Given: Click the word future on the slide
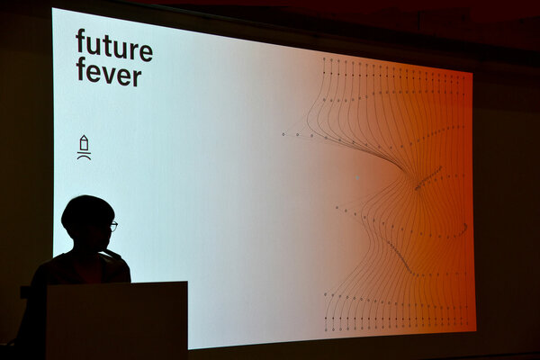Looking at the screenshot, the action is [114, 46].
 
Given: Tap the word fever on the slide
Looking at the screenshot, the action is [109, 72].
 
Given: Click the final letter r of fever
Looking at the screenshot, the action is [137, 76].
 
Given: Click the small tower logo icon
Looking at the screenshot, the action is [84, 147].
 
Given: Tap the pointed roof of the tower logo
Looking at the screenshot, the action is [84, 137].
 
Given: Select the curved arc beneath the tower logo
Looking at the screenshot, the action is [84, 156].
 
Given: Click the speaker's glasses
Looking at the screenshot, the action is [113, 226].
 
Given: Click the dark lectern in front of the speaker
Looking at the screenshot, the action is [117, 320].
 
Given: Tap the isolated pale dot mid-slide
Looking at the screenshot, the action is [357, 178].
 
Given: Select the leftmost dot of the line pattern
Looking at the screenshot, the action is [283, 134].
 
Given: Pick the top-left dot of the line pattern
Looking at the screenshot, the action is [324, 58].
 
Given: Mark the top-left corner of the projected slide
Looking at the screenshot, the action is [52, 8].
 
